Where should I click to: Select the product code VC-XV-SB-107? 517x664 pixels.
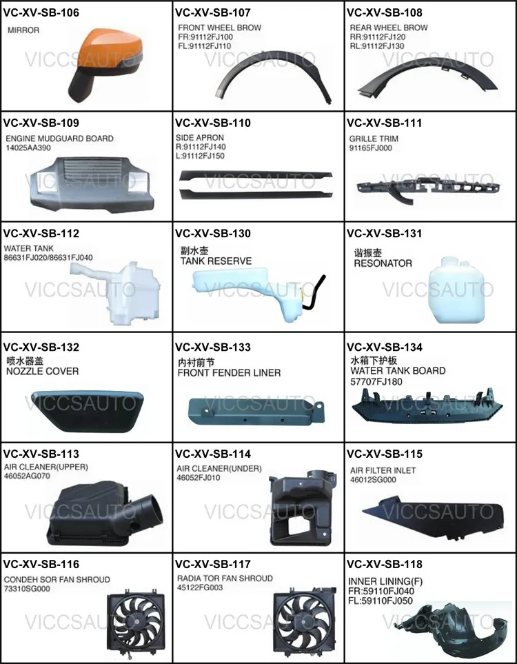tap(213, 12)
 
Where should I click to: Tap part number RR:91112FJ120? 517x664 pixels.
tap(377, 37)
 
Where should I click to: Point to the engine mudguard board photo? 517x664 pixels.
tap(89, 185)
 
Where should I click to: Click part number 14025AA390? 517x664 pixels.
tap(28, 148)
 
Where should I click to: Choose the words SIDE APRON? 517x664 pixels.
tap(200, 138)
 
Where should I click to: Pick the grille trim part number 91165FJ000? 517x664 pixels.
tap(370, 148)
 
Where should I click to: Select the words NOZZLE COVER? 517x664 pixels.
tap(42, 372)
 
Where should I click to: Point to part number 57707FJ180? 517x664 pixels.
tap(376, 382)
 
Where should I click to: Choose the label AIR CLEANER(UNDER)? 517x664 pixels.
tap(219, 468)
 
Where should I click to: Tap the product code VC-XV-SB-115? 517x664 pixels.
tap(385, 454)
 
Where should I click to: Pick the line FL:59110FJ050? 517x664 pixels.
tap(381, 601)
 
